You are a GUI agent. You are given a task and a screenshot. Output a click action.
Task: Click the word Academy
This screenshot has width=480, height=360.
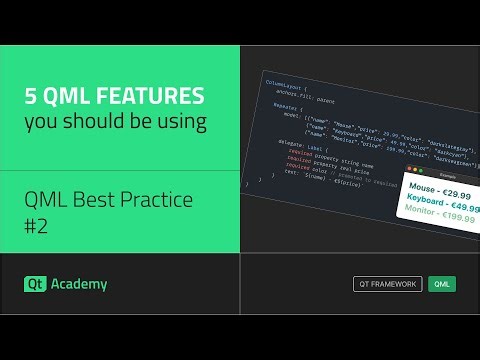[81, 284]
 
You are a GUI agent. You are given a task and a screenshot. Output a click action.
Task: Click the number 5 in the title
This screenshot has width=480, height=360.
[30, 96]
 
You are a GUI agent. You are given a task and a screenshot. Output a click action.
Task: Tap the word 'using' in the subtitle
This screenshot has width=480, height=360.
[183, 123]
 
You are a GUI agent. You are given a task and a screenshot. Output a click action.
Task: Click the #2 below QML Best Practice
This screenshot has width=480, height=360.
[37, 226]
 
